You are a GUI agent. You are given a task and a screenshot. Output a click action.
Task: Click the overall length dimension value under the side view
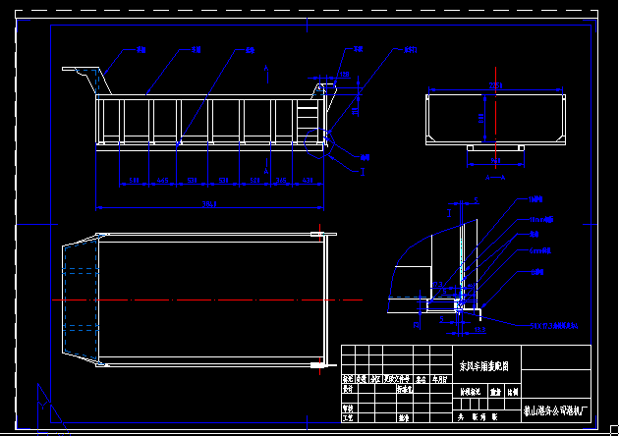(x=209, y=204)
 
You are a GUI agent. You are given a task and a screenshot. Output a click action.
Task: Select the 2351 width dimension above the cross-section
(x=496, y=83)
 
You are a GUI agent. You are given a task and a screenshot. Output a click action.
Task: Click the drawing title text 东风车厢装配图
(x=483, y=365)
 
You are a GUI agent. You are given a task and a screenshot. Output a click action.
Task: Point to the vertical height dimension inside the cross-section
(x=481, y=117)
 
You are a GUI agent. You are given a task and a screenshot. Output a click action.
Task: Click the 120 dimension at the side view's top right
(x=344, y=75)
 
